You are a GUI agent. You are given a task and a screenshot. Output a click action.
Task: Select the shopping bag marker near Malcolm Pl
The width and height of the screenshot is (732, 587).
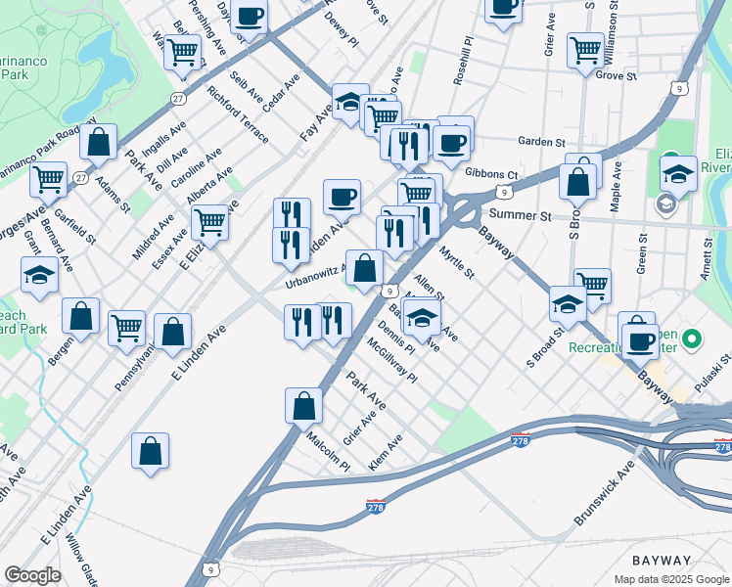click(303, 405)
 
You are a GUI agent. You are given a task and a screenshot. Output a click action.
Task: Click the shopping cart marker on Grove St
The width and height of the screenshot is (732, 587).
click(585, 50)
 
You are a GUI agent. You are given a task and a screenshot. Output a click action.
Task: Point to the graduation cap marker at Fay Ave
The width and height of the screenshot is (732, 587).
click(349, 102)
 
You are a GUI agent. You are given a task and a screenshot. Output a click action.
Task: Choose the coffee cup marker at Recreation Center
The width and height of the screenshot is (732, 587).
click(640, 341)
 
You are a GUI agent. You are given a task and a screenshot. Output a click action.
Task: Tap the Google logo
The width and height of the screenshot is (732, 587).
click(32, 575)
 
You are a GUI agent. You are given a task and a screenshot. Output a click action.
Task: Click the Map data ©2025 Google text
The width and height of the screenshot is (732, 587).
click(670, 579)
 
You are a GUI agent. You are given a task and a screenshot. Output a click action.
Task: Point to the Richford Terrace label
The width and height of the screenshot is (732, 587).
click(237, 114)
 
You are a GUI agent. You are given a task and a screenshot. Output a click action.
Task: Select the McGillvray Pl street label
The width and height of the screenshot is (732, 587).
click(391, 360)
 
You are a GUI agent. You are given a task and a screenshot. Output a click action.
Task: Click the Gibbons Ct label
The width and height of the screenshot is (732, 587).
click(491, 174)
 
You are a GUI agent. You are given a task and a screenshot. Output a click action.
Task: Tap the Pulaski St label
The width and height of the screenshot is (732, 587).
click(709, 373)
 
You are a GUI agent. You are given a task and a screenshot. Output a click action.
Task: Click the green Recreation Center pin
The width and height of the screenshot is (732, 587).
click(693, 340)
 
